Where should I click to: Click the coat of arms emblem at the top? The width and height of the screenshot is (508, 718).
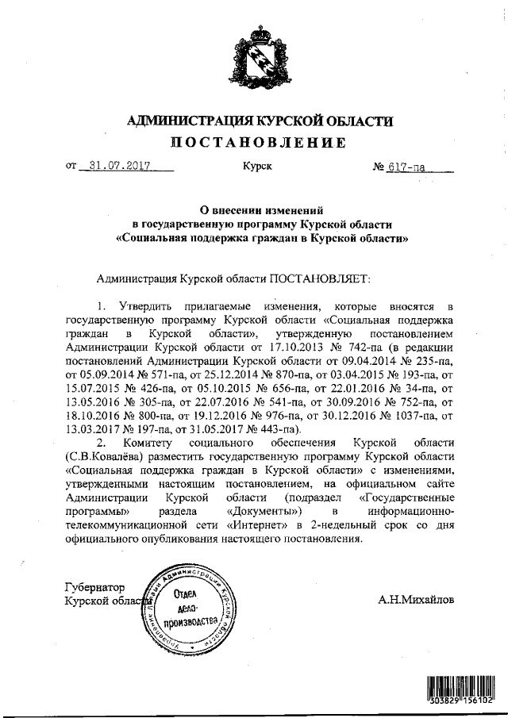(254, 59)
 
